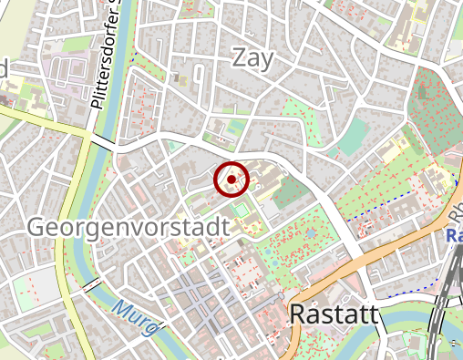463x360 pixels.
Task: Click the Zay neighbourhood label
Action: click(x=253, y=57)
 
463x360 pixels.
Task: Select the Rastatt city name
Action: click(x=333, y=314)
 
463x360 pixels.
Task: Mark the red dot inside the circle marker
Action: click(x=232, y=180)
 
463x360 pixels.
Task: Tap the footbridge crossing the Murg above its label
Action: click(x=91, y=285)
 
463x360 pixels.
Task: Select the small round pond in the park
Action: click(x=311, y=234)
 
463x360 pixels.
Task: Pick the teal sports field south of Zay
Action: click(x=352, y=137)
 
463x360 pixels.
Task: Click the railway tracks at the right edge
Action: click(x=448, y=292)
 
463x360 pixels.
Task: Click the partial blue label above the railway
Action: click(x=454, y=235)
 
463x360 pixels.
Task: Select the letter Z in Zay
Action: click(x=240, y=57)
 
